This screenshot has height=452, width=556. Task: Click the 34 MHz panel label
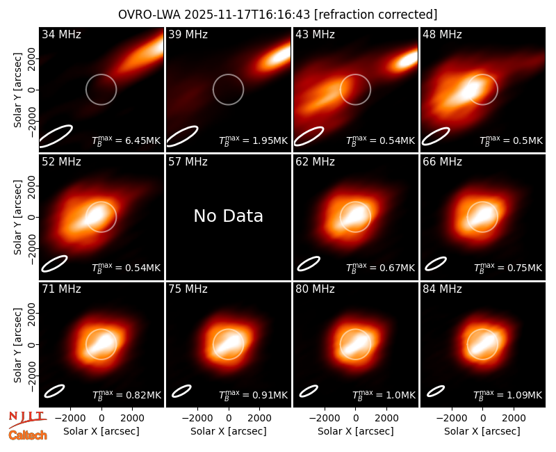[61, 34]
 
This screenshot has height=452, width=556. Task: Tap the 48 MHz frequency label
[442, 34]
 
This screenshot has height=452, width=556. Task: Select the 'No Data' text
[229, 216]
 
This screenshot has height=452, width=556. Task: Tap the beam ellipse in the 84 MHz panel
[436, 391]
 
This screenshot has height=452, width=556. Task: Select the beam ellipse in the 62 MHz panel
[309, 264]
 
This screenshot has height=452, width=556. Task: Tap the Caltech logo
[28, 435]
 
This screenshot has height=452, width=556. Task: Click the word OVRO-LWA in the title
[149, 15]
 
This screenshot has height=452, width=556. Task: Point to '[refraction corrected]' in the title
[375, 15]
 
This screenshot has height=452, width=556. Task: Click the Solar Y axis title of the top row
[17, 90]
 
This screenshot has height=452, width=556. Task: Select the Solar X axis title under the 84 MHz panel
[482, 431]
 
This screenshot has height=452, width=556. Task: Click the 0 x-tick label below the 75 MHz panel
[229, 418]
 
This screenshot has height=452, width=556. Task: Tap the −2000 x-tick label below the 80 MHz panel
[324, 418]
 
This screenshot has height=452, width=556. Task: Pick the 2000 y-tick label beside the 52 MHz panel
[31, 186]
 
